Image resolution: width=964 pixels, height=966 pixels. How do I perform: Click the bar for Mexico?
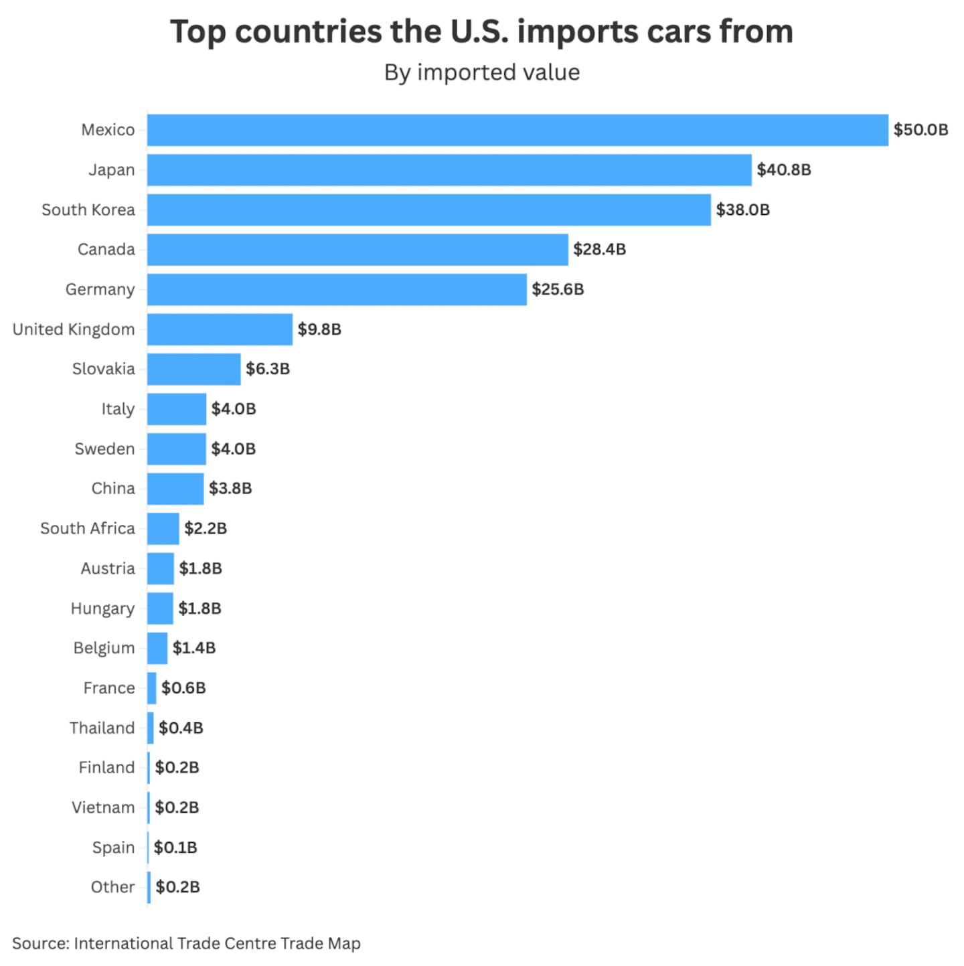click(x=517, y=130)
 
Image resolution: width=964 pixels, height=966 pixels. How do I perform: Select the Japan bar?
click(x=449, y=170)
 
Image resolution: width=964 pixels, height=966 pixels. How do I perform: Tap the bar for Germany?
click(x=337, y=289)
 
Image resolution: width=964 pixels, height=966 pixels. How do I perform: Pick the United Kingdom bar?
click(x=220, y=329)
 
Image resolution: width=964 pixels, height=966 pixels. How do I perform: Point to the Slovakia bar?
click(x=193, y=369)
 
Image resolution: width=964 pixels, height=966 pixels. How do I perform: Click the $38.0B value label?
click(x=742, y=210)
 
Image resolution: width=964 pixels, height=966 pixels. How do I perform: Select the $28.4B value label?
click(x=599, y=250)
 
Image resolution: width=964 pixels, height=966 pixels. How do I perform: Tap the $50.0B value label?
click(x=920, y=130)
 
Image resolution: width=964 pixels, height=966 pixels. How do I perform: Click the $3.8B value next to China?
click(x=230, y=489)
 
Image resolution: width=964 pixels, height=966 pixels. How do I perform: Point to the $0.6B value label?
click(x=183, y=688)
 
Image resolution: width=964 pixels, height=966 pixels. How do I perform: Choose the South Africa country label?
click(x=88, y=529)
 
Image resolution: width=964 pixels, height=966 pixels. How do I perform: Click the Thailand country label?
click(x=102, y=728)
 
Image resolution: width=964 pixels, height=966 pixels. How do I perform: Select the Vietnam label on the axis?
click(x=103, y=807)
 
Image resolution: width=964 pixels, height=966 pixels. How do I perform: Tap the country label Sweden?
click(x=104, y=449)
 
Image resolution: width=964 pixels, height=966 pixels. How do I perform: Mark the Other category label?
click(x=112, y=887)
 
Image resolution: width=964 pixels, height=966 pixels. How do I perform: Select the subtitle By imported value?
click(x=482, y=72)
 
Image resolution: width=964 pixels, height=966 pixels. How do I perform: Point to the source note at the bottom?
click(x=186, y=943)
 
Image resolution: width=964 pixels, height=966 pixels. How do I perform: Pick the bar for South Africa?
click(x=163, y=529)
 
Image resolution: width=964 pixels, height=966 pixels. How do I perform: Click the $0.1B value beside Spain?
click(x=175, y=848)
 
